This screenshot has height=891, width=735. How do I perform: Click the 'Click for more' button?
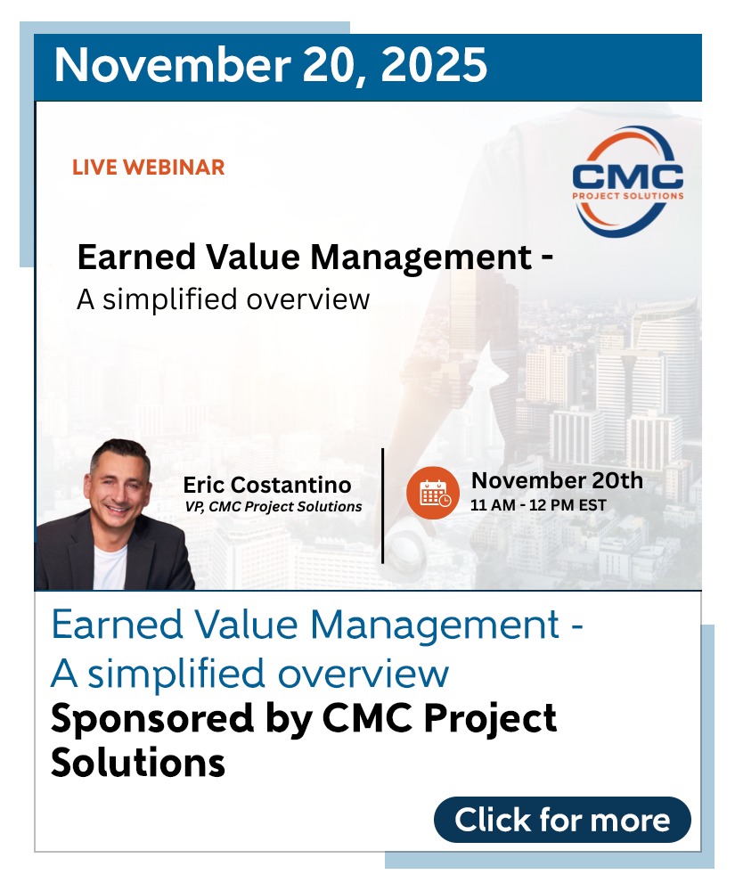[562, 820]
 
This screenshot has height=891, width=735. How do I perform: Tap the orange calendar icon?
[433, 493]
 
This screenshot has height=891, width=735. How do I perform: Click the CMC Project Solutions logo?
[627, 182]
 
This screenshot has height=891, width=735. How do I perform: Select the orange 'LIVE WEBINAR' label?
[149, 168]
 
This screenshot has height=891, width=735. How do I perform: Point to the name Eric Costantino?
[267, 485]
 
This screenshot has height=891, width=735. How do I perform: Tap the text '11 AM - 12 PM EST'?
[538, 505]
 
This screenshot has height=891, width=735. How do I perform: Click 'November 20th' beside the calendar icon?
[557, 481]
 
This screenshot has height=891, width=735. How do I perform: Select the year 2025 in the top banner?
[434, 65]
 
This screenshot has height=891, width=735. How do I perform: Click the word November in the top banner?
[173, 65]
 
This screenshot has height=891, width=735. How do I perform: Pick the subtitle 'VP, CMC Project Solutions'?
[274, 506]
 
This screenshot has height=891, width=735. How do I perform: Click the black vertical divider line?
[383, 506]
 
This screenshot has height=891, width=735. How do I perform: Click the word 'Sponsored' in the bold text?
[152, 719]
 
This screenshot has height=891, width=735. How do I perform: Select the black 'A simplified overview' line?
[224, 299]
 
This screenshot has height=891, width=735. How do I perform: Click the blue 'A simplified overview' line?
[250, 674]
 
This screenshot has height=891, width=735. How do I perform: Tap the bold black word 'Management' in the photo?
[421, 257]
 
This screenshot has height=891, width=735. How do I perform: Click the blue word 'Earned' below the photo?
[117, 625]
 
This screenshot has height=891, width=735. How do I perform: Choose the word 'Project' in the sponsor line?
[490, 719]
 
